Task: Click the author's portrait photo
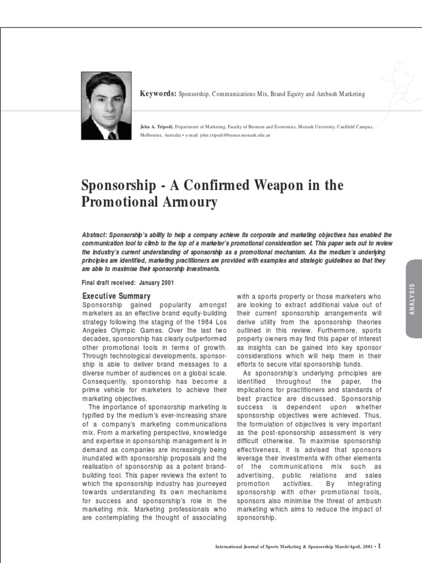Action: (x=106, y=106)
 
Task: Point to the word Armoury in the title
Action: (x=190, y=202)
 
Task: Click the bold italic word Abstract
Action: (x=94, y=235)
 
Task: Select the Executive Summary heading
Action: (x=116, y=296)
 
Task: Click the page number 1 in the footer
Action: (x=379, y=546)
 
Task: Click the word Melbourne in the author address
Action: (x=152, y=135)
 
